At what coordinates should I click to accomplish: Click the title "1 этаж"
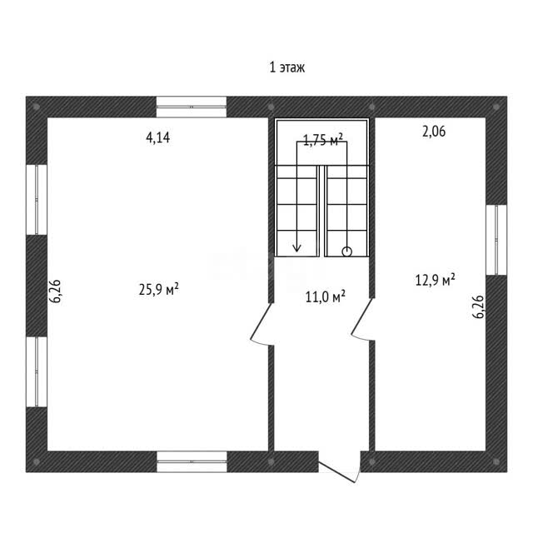tap(286, 67)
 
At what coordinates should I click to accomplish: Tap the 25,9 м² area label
tap(159, 289)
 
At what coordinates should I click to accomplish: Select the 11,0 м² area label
tap(326, 296)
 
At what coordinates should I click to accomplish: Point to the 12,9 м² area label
tap(435, 280)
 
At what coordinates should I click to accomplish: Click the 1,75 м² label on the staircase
tap(322, 139)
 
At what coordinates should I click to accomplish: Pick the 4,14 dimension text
tap(157, 137)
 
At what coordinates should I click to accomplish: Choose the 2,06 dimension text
tap(434, 132)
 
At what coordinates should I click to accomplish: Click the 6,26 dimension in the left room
tap(55, 291)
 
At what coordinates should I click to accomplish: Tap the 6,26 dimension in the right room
tap(478, 306)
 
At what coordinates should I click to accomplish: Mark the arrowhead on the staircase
tap(297, 248)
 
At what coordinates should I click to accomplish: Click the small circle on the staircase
tap(346, 252)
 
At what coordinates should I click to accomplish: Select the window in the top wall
tap(192, 107)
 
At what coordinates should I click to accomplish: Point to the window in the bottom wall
tap(192, 461)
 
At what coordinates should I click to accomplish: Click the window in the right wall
tap(496, 240)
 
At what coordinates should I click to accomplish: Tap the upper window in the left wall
tap(37, 200)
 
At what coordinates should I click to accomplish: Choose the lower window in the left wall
tap(37, 372)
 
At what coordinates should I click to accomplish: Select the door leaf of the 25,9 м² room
tap(261, 321)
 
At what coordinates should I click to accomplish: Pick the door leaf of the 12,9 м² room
tap(362, 316)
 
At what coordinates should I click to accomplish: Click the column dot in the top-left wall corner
tap(37, 107)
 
